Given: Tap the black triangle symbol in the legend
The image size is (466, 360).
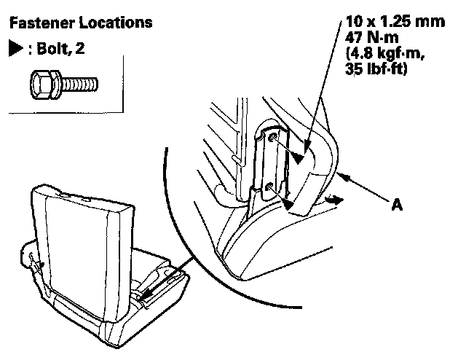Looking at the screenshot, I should point(14,49).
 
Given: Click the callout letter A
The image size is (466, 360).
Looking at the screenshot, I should point(397,206).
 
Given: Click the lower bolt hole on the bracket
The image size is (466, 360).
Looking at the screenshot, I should point(271,188).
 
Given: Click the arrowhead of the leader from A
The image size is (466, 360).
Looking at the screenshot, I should point(343,175).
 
